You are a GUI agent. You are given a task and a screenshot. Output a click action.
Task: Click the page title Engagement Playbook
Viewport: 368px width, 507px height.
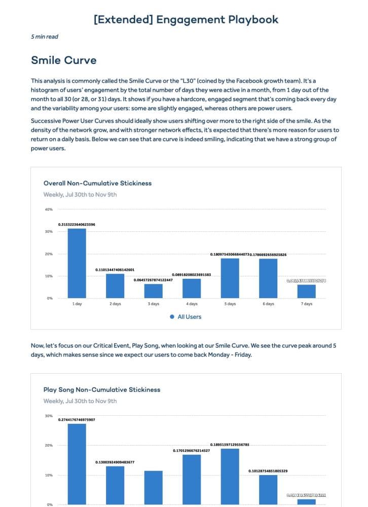click(186, 20)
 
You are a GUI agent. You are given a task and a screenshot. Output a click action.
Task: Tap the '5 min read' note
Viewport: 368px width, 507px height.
click(45, 37)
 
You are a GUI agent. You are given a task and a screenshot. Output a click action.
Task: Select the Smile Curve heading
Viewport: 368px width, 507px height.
click(63, 60)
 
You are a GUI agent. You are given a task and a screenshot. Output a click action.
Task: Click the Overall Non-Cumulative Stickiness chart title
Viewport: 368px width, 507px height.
click(97, 183)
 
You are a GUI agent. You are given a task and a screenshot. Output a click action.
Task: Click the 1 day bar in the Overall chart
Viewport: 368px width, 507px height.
click(77, 264)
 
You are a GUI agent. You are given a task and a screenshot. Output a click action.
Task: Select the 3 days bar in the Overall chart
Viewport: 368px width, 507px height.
click(154, 291)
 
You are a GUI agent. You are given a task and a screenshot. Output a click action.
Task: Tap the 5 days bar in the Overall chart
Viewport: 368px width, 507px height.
click(230, 278)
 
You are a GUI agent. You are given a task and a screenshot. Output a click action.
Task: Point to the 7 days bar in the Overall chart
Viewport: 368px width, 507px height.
click(307, 291)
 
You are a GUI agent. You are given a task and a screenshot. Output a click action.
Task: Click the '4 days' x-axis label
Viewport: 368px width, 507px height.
click(192, 304)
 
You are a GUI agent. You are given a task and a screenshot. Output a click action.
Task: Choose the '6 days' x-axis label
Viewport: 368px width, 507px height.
click(269, 304)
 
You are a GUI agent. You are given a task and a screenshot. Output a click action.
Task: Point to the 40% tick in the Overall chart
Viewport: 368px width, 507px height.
click(49, 209)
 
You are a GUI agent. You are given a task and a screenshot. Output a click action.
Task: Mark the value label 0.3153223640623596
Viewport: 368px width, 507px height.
click(77, 225)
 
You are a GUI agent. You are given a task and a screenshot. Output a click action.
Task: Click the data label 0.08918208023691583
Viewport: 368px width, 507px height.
click(191, 275)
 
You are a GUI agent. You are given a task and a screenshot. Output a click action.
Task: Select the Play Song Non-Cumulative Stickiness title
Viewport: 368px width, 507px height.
click(102, 389)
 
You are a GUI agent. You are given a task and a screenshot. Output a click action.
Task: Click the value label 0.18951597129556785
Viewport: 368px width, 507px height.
click(230, 445)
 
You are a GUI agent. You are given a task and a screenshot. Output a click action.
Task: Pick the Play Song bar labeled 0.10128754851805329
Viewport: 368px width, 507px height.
click(268, 490)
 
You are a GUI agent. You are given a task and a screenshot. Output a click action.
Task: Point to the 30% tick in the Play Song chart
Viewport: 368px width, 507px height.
click(49, 416)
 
